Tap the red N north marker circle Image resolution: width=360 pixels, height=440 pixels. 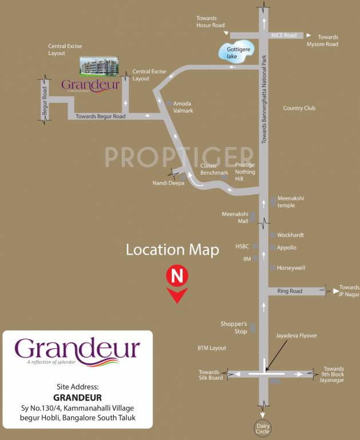tap(177, 276)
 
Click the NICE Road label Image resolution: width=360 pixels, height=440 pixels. tap(284, 36)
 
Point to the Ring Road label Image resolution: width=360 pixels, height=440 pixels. tap(289, 291)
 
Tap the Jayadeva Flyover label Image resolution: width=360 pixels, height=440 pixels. tap(296, 335)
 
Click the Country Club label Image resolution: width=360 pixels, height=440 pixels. tap(299, 108)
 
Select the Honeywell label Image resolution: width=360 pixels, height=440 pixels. tap(291, 268)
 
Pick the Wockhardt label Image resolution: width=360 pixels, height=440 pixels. tap(290, 235)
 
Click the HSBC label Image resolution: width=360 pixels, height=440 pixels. tap(243, 246)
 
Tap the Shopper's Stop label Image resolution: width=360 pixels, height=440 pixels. tap(234, 327)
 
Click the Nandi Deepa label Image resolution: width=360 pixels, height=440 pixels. tap(168, 183)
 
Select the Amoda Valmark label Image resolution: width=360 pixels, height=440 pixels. tap(183, 107)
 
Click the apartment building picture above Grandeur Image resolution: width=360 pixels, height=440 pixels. tap(98, 67)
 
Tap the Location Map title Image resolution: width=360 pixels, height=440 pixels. tap(172, 250)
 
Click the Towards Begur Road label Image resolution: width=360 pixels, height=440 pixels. tap(101, 116)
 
